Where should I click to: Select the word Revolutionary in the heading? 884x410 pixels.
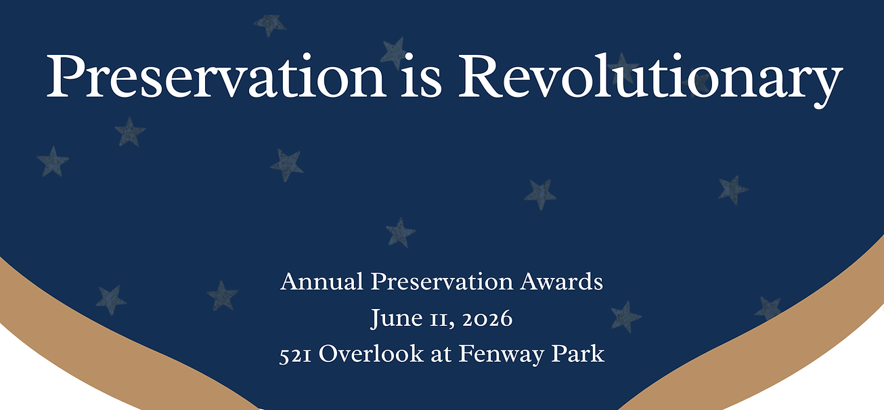[650, 76]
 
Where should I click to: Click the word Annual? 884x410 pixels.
[322, 281]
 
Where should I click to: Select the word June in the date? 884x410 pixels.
[393, 318]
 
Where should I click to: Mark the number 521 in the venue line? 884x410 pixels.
[295, 354]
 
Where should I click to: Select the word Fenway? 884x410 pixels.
[495, 354]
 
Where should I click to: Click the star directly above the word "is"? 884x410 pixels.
[394, 52]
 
